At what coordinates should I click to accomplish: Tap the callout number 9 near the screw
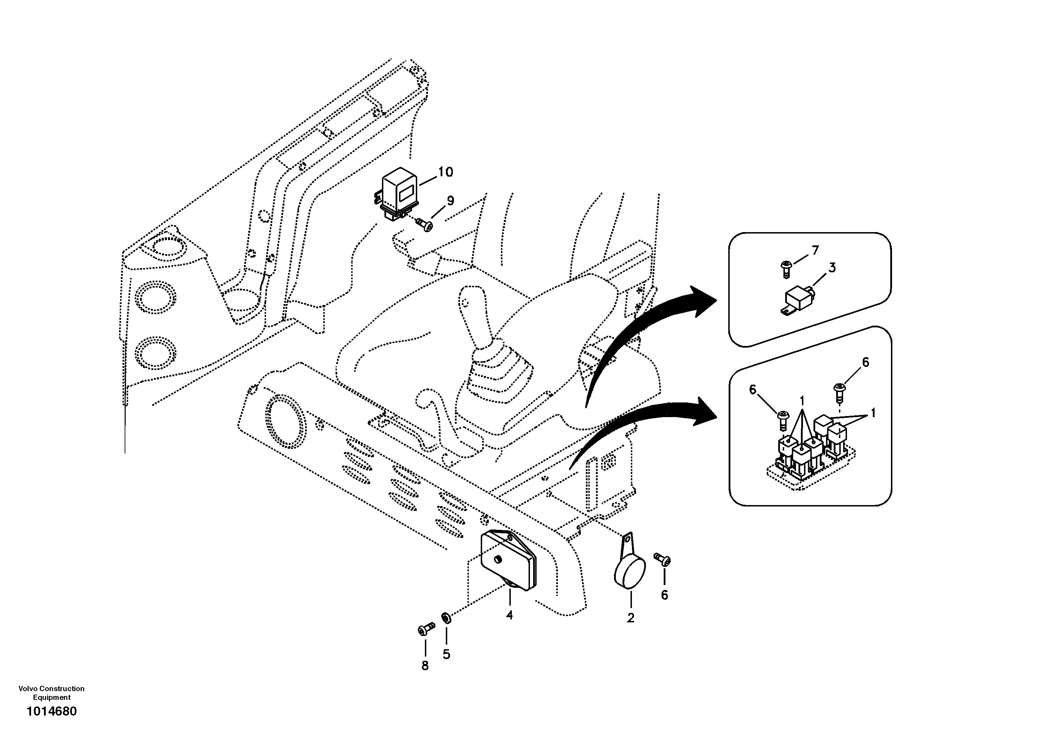[x=450, y=200]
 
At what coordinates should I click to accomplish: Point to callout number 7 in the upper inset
[x=815, y=250]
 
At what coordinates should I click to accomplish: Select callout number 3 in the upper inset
[x=832, y=267]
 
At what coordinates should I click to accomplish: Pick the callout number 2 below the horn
[x=631, y=617]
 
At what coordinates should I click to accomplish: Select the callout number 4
[x=509, y=615]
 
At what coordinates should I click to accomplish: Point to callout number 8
[x=425, y=665]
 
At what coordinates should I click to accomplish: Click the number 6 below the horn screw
[x=664, y=595]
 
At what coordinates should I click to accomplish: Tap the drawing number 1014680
[x=52, y=711]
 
